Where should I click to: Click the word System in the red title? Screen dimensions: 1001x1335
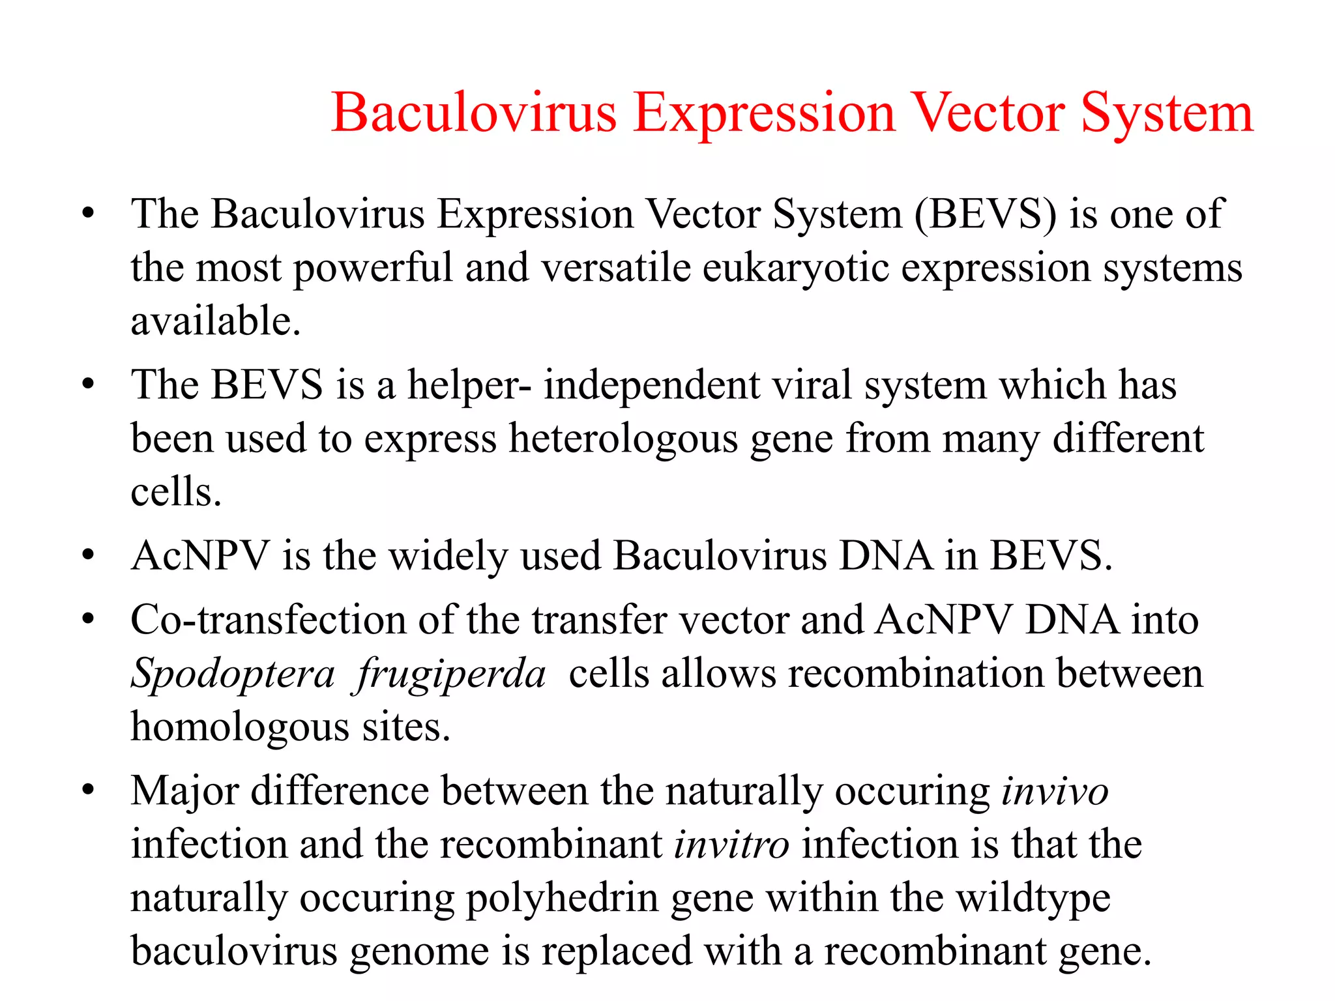coord(1167,114)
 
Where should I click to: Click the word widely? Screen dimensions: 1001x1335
coord(448,557)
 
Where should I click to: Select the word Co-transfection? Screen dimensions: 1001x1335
coord(268,620)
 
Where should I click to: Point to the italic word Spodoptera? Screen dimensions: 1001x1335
coord(233,674)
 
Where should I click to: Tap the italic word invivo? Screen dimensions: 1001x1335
coord(1055,792)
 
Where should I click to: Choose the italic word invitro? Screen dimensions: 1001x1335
coord(731,845)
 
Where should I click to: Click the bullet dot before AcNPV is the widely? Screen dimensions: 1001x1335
coord(89,556)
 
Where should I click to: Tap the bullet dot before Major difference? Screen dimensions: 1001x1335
coord(89,791)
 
